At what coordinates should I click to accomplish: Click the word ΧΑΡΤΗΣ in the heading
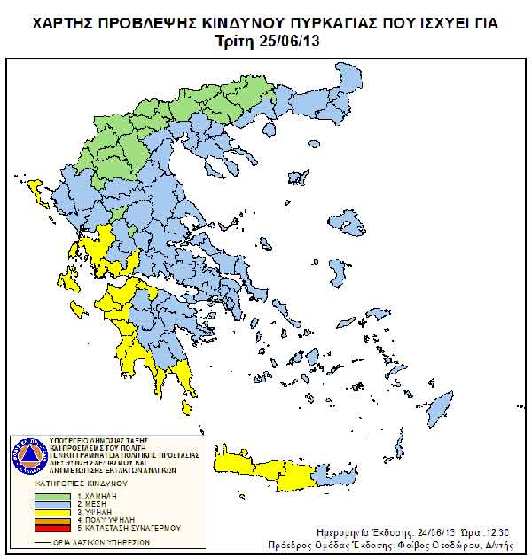point(65,22)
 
